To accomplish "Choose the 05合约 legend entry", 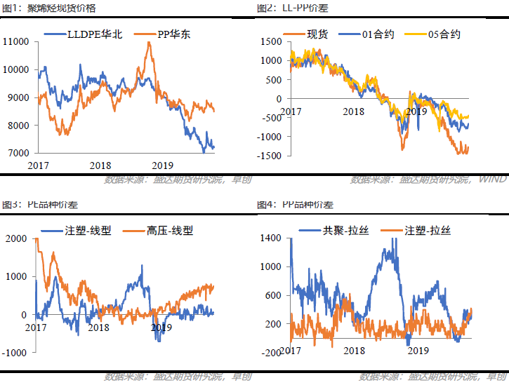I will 445,34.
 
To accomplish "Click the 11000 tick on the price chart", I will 15,42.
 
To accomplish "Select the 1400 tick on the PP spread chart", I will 270,238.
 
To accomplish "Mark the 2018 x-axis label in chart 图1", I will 101,165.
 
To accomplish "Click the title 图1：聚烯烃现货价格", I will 48,8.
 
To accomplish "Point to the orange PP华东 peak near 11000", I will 149,43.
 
